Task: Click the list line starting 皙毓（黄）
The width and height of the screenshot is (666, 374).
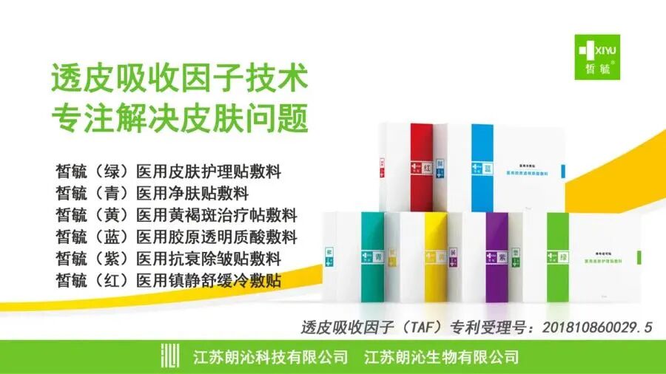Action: (x=176, y=216)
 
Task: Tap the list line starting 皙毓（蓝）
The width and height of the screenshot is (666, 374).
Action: (x=176, y=237)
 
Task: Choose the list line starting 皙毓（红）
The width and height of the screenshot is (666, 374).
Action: (x=169, y=281)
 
